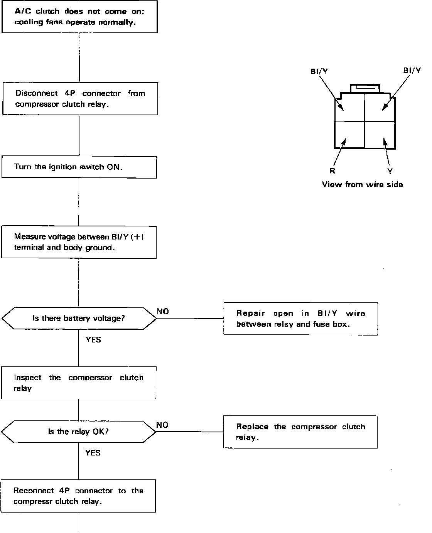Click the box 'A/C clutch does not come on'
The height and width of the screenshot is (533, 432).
[79, 17]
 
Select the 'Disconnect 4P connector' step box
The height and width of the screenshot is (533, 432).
[80, 99]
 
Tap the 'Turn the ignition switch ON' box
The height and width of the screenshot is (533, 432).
[79, 167]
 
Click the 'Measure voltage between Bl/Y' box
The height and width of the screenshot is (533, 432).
[79, 242]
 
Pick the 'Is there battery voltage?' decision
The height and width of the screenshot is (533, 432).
[79, 319]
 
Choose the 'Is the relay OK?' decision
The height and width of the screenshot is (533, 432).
[78, 432]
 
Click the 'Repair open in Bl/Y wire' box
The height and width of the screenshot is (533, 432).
[300, 319]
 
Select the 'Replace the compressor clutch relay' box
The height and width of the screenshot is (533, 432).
[300, 432]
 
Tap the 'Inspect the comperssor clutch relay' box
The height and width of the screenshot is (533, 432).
[78, 383]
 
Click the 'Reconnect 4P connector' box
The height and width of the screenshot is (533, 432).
[78, 496]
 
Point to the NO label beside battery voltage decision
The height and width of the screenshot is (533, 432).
[163, 312]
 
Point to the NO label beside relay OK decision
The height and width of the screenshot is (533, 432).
[162, 425]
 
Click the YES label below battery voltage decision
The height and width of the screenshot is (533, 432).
[93, 339]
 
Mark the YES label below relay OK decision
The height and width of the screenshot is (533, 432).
[93, 453]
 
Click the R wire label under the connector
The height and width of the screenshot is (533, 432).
[332, 171]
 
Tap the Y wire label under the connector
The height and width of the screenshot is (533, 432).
[390, 171]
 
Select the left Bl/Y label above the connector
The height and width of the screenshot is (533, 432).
[319, 71]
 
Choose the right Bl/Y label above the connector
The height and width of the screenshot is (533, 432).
[412, 71]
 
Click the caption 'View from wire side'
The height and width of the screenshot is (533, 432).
[362, 184]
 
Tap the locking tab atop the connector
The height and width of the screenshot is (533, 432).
[364, 89]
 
